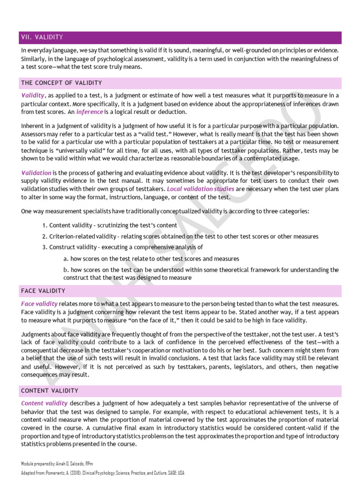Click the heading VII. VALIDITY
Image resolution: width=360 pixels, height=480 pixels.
tap(42, 37)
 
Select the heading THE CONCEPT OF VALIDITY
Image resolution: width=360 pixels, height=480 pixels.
tap(61, 83)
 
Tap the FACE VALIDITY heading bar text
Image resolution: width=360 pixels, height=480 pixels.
tap(43, 291)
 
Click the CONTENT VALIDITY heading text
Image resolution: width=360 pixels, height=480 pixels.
tap(50, 390)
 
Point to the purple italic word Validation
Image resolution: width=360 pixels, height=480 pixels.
tap(36, 173)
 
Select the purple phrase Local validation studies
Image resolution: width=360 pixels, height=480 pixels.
tap(201, 189)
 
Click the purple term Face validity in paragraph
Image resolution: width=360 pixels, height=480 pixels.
tap(39, 304)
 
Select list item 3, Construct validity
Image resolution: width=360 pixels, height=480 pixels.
tap(126, 247)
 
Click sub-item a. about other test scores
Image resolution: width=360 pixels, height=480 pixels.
tap(151, 258)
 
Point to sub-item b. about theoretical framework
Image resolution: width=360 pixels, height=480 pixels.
tap(201, 274)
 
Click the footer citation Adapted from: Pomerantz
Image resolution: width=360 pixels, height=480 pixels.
tap(102, 472)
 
